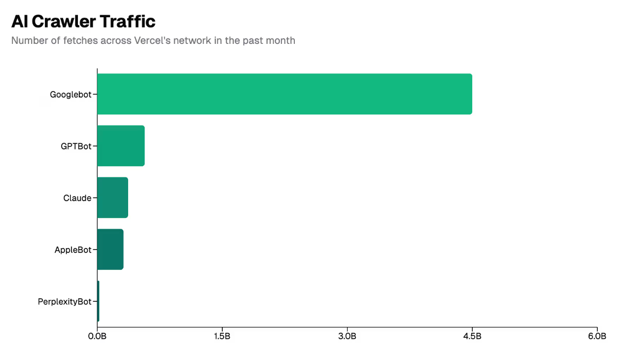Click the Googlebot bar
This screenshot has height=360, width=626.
284,94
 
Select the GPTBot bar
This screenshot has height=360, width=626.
121,146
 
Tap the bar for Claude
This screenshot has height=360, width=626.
112,198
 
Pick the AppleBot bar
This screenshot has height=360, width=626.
110,250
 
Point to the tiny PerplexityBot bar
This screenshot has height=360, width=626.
98,301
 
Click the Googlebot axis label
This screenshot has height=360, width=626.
70,95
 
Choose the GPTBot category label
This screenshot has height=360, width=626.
76,146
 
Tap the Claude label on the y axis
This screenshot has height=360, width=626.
77,198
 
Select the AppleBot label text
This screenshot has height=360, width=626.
73,250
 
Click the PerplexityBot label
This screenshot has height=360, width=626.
65,302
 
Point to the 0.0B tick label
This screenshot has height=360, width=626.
97,337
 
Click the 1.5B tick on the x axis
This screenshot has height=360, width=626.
222,337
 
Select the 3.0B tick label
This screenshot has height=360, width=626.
347,337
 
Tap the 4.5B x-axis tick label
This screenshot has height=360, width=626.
472,337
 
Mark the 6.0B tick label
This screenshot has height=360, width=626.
597,337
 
